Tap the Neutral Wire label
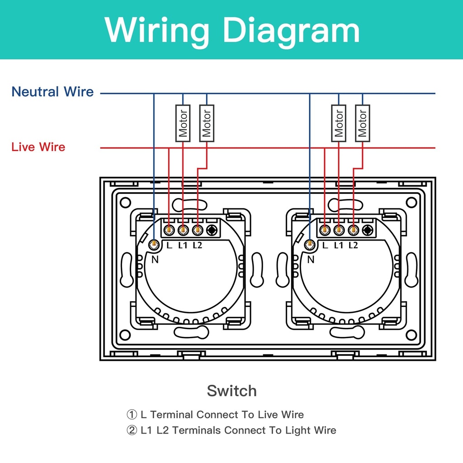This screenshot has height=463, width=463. (52, 91)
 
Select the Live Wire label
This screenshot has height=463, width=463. (38, 147)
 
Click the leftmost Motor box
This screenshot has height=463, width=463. (183, 123)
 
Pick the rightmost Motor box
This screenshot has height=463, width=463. (362, 123)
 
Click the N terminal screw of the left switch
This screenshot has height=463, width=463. (154, 245)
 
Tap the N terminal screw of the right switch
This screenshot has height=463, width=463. (309, 245)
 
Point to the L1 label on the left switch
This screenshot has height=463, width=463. (183, 246)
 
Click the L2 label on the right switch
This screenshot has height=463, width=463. (353, 246)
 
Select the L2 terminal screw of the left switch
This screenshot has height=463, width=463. (197, 230)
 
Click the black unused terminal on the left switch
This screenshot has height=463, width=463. (212, 230)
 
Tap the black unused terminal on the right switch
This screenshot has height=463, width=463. (368, 230)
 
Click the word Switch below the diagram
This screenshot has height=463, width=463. (232, 391)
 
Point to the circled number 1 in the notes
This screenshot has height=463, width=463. (132, 415)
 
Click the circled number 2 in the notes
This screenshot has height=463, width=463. (132, 430)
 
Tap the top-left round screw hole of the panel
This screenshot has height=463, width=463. (125, 203)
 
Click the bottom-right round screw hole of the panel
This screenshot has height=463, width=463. (411, 335)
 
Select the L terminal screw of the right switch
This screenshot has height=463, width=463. (325, 230)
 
